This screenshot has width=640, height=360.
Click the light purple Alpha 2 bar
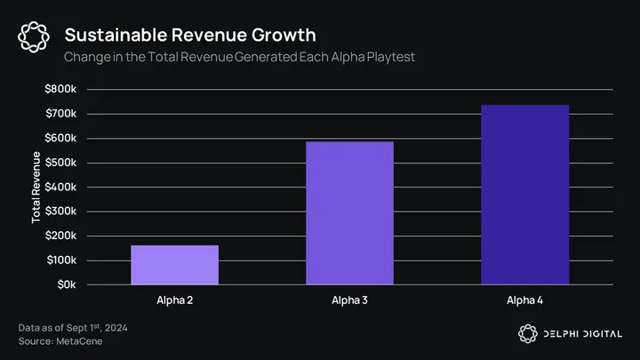tap(174, 265)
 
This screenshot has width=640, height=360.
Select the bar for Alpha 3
tap(349, 213)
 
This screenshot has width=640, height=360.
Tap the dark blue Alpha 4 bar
tap(524, 195)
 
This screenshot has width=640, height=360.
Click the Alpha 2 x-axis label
tap(174, 300)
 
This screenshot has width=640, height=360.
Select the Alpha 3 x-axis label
tap(349, 300)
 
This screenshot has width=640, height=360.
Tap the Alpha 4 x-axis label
tap(524, 300)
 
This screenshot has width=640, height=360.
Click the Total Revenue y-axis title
tap(36, 188)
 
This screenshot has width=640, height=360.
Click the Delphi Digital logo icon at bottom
tap(526, 332)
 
